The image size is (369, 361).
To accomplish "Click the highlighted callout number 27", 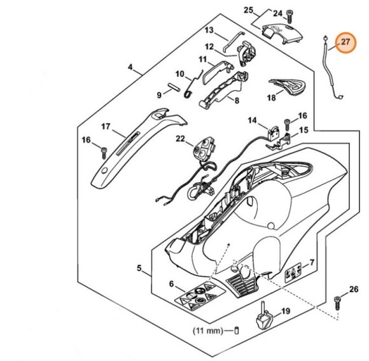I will click(x=345, y=43).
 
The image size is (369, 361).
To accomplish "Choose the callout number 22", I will click(x=181, y=138).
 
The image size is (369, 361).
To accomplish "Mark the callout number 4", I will click(x=130, y=67).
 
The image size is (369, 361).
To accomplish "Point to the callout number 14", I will click(x=253, y=120).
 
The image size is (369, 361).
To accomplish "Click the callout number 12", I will click(x=209, y=46).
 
